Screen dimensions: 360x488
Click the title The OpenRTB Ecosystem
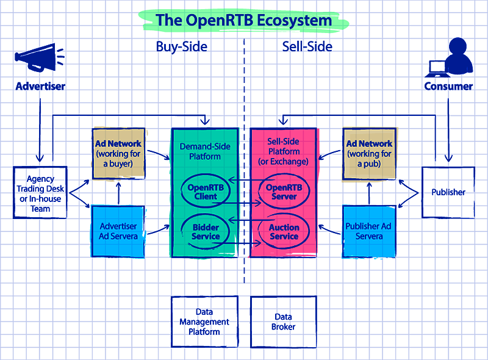point(243,20)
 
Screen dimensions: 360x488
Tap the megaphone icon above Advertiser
point(38,59)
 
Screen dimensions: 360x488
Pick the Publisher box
point(448,192)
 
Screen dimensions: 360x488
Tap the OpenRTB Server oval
point(284,192)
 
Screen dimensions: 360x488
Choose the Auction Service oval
point(284,231)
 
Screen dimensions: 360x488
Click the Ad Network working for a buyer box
point(118,154)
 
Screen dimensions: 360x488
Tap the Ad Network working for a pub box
point(369,154)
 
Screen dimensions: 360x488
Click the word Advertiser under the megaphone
point(40,86)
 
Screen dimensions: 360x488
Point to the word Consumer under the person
point(448,86)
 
